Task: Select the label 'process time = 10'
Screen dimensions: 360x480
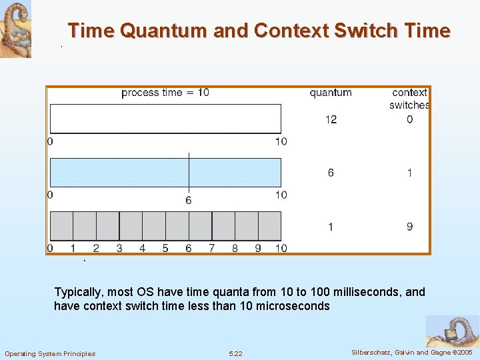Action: point(165,93)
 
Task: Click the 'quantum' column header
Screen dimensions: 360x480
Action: point(331,93)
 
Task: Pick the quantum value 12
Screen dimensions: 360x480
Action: point(331,119)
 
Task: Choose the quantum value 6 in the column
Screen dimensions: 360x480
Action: point(331,173)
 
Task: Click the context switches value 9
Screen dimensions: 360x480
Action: point(409,227)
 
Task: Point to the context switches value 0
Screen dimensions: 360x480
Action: point(409,119)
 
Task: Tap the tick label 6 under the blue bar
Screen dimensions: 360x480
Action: point(189,200)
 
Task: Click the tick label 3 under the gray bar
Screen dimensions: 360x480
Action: point(119,248)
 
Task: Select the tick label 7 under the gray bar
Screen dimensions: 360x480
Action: point(212,248)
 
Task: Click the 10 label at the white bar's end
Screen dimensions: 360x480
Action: point(281,141)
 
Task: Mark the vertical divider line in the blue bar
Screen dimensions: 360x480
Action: point(189,172)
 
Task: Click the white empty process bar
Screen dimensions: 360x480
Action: point(165,119)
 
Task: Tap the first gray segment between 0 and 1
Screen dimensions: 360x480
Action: point(61,225)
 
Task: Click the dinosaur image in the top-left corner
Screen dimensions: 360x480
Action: point(15,29)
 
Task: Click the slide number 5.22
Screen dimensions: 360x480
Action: point(235,353)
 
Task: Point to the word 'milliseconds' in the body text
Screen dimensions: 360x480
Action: point(369,292)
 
